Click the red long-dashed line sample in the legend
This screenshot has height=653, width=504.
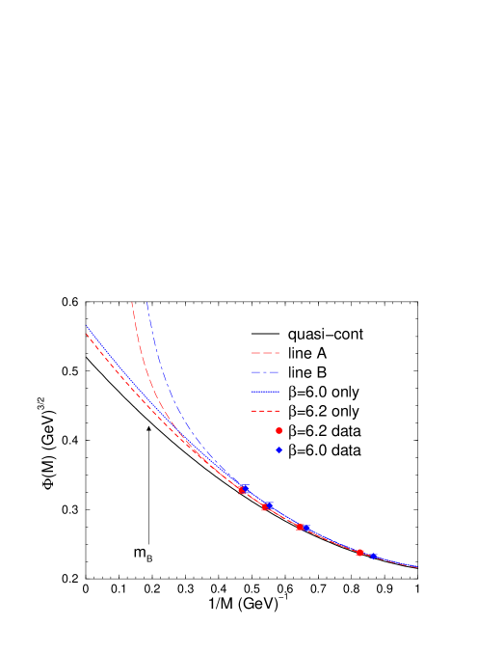(265, 353)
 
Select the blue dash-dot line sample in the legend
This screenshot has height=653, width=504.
(265, 372)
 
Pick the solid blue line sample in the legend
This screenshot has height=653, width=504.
(265, 392)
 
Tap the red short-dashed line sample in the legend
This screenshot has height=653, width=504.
(265, 411)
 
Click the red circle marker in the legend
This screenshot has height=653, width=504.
(279, 430)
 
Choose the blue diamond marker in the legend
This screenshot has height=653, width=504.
(279, 449)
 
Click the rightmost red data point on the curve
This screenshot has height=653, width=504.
(359, 553)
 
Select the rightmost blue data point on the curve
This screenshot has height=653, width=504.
(373, 556)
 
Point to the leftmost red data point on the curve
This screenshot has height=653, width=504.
(241, 490)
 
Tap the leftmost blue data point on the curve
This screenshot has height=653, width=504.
(246, 488)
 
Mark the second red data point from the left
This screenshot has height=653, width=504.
(265, 507)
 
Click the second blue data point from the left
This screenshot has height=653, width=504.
(269, 504)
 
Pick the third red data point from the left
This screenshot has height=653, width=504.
(300, 527)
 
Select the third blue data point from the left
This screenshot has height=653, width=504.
(305, 528)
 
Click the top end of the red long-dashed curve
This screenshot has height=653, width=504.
(132, 303)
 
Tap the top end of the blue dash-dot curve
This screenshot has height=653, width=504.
(146, 303)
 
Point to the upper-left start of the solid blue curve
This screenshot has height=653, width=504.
(87, 327)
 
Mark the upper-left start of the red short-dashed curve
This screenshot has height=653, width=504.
(87, 334)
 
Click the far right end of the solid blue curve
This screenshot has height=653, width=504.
(417, 567)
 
